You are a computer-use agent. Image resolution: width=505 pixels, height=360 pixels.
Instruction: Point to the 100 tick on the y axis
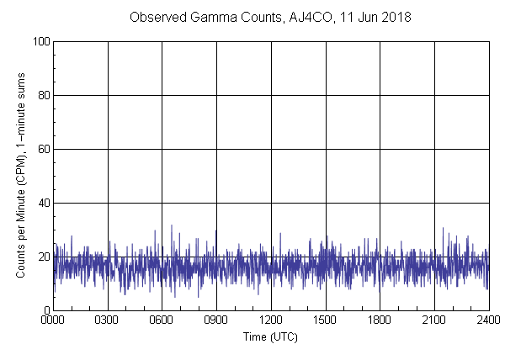tap(40, 41)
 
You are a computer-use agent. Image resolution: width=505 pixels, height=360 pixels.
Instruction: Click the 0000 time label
tap(53, 320)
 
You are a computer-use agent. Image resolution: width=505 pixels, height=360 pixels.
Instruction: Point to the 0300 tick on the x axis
tap(108, 320)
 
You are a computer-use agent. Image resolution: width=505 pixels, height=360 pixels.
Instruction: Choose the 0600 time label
tap(162, 320)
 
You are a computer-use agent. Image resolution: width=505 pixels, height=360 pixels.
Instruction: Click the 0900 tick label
tap(216, 320)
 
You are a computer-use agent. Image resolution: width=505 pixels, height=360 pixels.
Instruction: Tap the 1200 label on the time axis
tap(271, 320)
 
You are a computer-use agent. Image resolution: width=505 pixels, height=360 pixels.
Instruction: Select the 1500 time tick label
tap(326, 320)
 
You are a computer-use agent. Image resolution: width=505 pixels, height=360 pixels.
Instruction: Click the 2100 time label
tap(434, 320)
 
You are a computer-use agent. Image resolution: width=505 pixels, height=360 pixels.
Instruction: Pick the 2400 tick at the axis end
tap(488, 320)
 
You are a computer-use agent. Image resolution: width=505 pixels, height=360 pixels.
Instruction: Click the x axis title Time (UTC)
tap(270, 336)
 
